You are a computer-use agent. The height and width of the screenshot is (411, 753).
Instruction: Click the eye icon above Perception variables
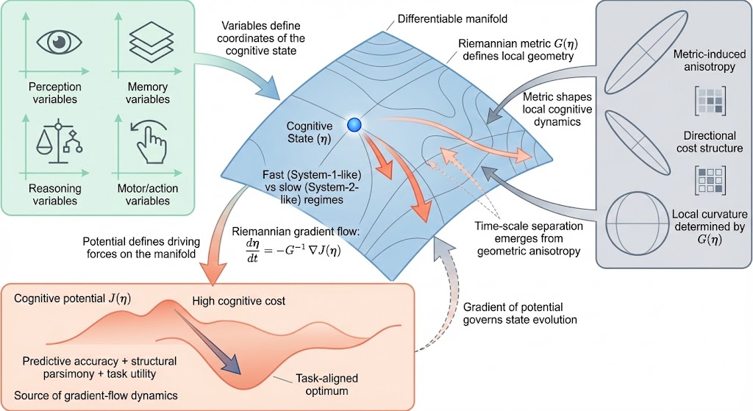(61, 42)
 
